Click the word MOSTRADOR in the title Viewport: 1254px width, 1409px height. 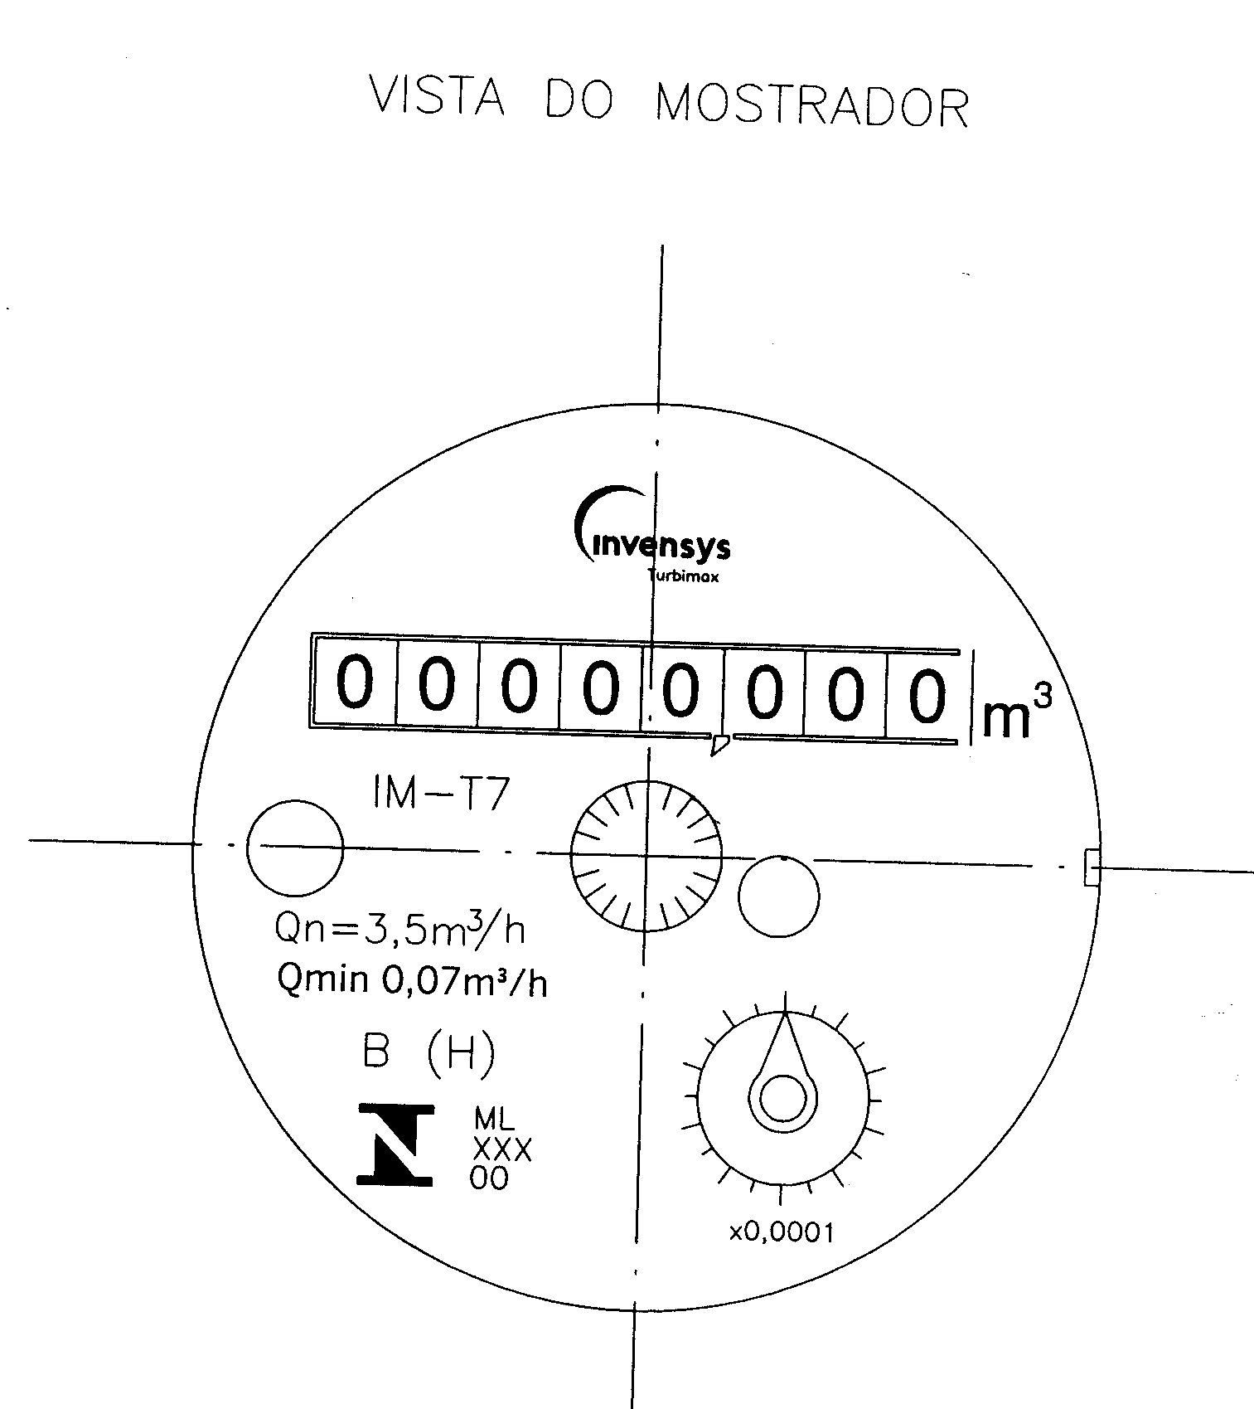[811, 104]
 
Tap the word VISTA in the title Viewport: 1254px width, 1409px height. [436, 96]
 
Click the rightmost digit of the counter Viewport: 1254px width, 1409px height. [927, 693]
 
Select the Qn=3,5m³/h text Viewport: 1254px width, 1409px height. [400, 928]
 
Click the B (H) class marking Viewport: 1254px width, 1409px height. [428, 1053]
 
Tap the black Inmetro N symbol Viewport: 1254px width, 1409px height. [395, 1144]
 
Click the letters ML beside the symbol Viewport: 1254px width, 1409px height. [494, 1120]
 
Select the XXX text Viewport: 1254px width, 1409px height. [501, 1149]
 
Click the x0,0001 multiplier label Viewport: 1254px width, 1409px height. [781, 1233]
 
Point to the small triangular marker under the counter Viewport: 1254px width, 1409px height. [719, 744]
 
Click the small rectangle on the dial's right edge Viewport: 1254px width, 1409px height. [1092, 867]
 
